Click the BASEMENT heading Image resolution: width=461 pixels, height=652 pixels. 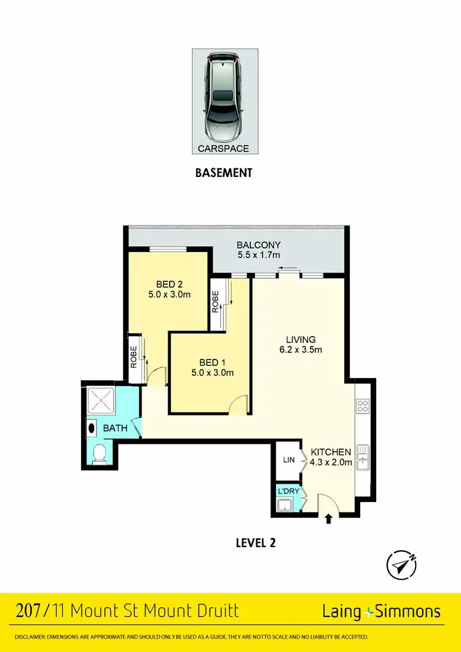tap(224, 173)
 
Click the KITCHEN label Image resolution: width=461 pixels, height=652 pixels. tap(331, 452)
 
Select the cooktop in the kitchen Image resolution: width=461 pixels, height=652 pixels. tap(362, 406)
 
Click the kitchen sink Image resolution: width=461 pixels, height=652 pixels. tap(362, 457)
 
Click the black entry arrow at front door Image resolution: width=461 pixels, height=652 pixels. tap(328, 519)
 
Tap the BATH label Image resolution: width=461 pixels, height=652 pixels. tap(115, 428)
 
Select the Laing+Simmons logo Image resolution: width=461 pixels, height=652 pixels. tap(382, 611)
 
